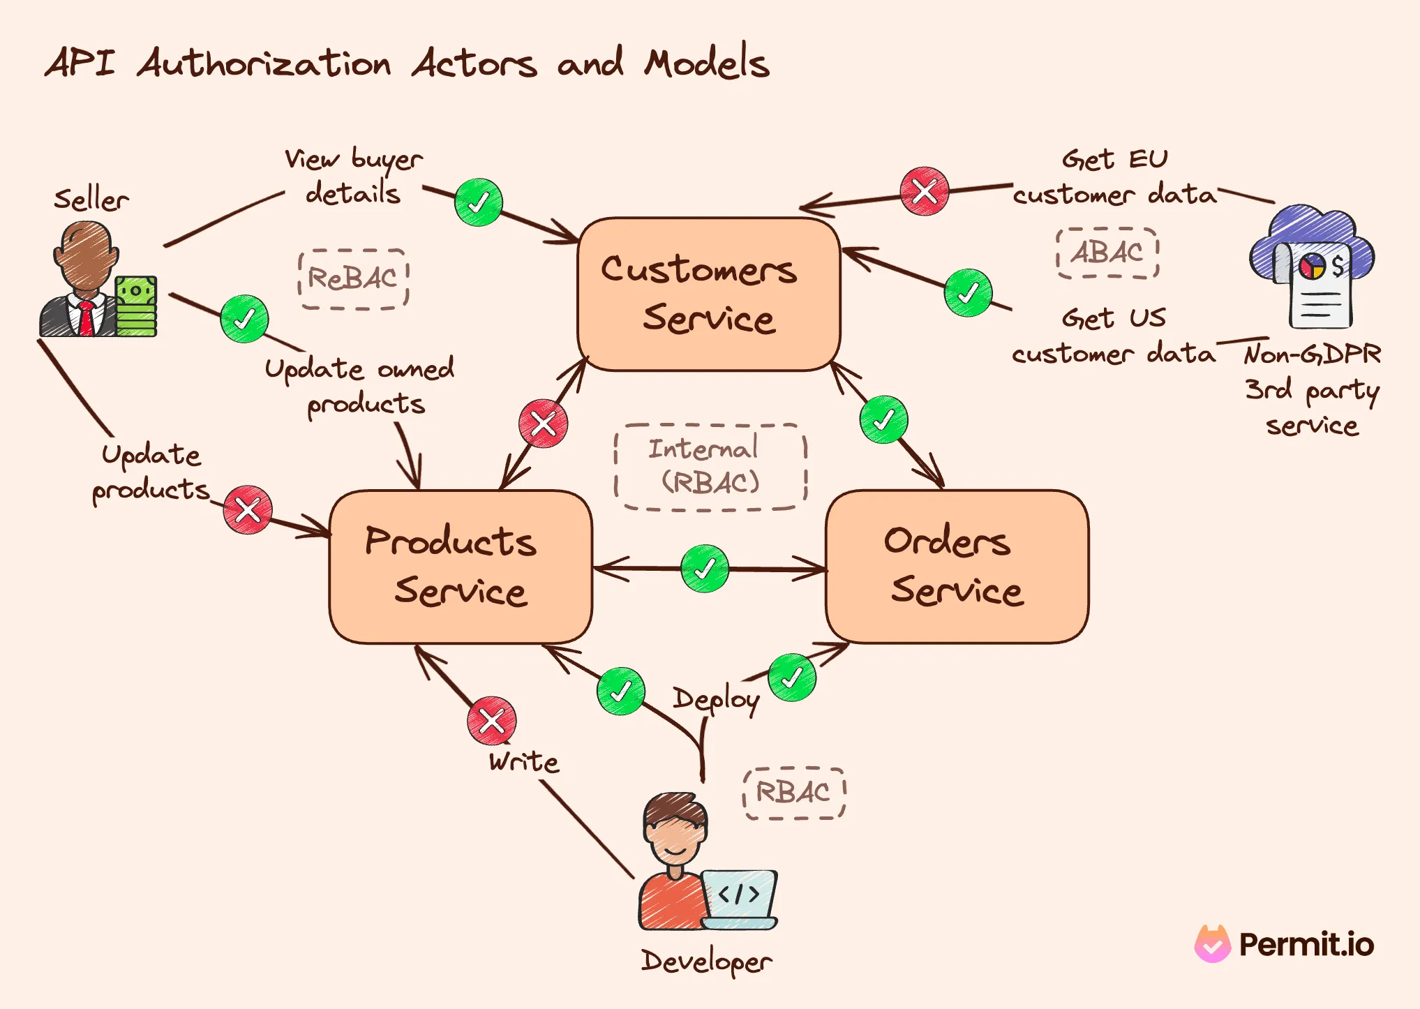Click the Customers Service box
click(x=708, y=294)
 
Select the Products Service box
click(x=461, y=566)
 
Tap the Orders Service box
click(x=957, y=566)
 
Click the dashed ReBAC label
click(x=353, y=279)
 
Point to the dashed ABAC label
click(x=1107, y=253)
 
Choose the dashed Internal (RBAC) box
click(x=710, y=467)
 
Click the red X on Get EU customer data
click(x=924, y=191)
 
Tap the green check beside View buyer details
click(x=478, y=202)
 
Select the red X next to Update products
click(x=248, y=509)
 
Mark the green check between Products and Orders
click(x=705, y=569)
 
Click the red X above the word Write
click(x=492, y=720)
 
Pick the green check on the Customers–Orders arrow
click(x=883, y=419)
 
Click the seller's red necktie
click(x=87, y=318)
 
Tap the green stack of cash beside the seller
click(x=136, y=307)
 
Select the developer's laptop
click(x=740, y=898)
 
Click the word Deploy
click(x=716, y=700)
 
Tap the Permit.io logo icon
click(x=1213, y=943)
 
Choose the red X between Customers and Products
click(x=543, y=424)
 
